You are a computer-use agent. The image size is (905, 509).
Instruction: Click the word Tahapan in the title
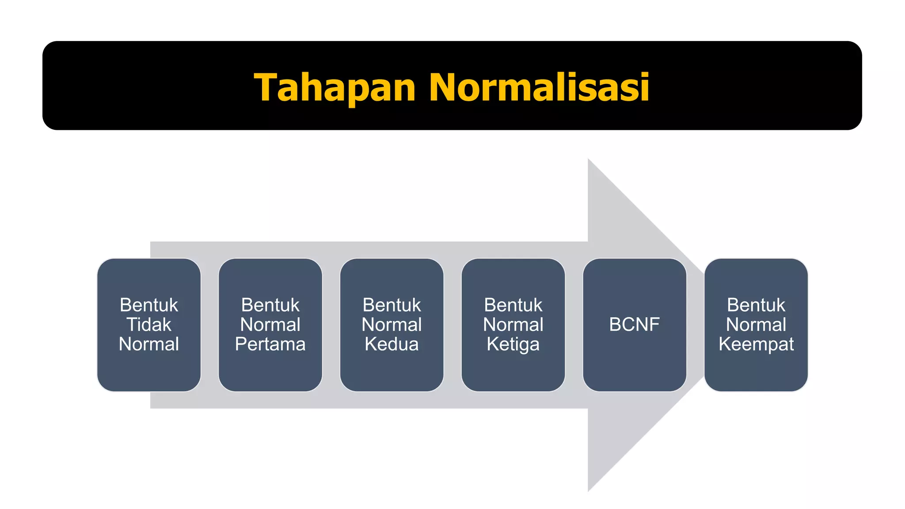pos(335,87)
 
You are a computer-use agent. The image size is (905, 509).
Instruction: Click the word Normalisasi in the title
pos(539,87)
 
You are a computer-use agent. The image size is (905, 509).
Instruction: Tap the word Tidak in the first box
pos(149,325)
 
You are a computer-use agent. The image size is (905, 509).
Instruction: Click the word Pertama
pos(270,344)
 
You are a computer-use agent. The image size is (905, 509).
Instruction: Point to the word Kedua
pos(392,344)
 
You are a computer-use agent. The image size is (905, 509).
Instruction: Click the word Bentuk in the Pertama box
pos(270,305)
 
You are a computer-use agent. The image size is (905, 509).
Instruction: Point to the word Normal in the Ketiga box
pos(513,325)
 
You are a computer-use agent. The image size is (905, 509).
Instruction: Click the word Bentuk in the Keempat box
pos(756,305)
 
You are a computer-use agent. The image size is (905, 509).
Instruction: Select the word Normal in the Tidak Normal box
pos(149,344)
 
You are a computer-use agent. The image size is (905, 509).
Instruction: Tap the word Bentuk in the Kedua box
pos(392,305)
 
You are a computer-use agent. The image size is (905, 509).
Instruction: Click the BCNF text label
pos(634,325)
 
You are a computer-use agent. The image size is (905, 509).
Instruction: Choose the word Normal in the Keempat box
pos(756,325)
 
